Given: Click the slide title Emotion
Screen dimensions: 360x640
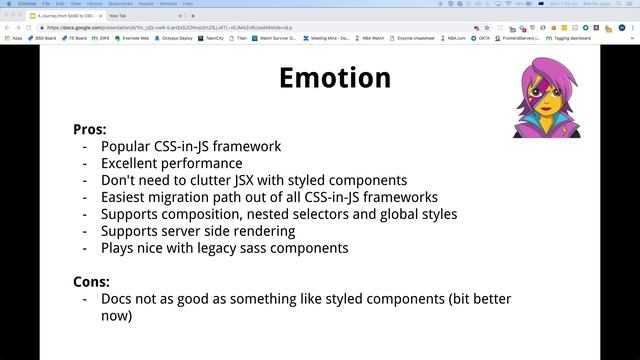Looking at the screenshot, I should pyautogui.click(x=334, y=78).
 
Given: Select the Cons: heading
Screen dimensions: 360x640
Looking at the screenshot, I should pyautogui.click(x=93, y=281).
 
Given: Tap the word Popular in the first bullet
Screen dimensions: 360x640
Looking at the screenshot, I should pyautogui.click(x=126, y=146).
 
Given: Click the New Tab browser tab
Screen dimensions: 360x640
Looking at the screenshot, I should pyautogui.click(x=118, y=16).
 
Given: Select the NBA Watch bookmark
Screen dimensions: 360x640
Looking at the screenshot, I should pyautogui.click(x=371, y=38).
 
